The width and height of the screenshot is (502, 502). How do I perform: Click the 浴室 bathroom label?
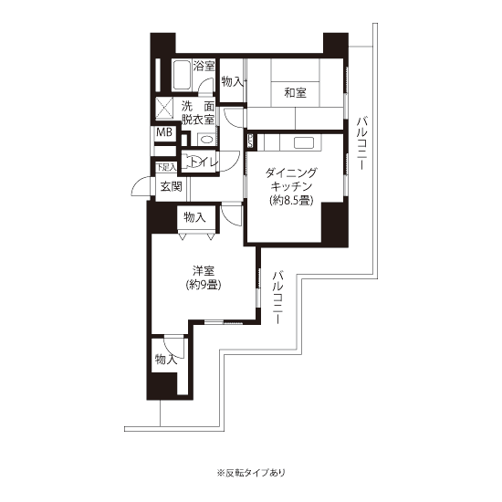[x=204, y=67]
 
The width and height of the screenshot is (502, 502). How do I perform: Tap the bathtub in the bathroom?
[x=183, y=76]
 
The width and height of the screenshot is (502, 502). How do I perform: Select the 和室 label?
[x=295, y=93]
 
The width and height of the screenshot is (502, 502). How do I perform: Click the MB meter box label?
[x=164, y=131]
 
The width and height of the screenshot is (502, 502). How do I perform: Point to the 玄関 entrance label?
[x=171, y=186]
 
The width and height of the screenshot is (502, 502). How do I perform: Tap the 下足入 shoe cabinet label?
[x=166, y=167]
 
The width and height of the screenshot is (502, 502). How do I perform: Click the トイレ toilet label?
[x=203, y=162]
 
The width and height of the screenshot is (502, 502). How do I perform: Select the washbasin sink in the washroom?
[x=205, y=140]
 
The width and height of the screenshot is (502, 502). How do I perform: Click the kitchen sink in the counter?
[x=304, y=142]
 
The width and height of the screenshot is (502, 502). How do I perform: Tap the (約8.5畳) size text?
[x=291, y=201]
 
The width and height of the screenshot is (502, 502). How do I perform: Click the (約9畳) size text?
[x=204, y=285]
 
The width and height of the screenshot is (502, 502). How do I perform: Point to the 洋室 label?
[x=204, y=271]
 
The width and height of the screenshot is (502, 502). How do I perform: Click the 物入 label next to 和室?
[x=233, y=81]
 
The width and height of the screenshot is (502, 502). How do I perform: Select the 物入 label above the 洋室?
[x=194, y=218]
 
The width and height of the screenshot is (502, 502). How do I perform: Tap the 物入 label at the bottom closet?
[x=166, y=360]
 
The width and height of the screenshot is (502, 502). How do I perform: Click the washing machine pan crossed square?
[x=164, y=109]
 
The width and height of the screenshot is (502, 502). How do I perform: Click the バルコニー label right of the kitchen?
[x=362, y=143]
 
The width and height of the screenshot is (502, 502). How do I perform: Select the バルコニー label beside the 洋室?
[x=277, y=298]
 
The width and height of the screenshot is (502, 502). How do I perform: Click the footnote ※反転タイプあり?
[x=251, y=473]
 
